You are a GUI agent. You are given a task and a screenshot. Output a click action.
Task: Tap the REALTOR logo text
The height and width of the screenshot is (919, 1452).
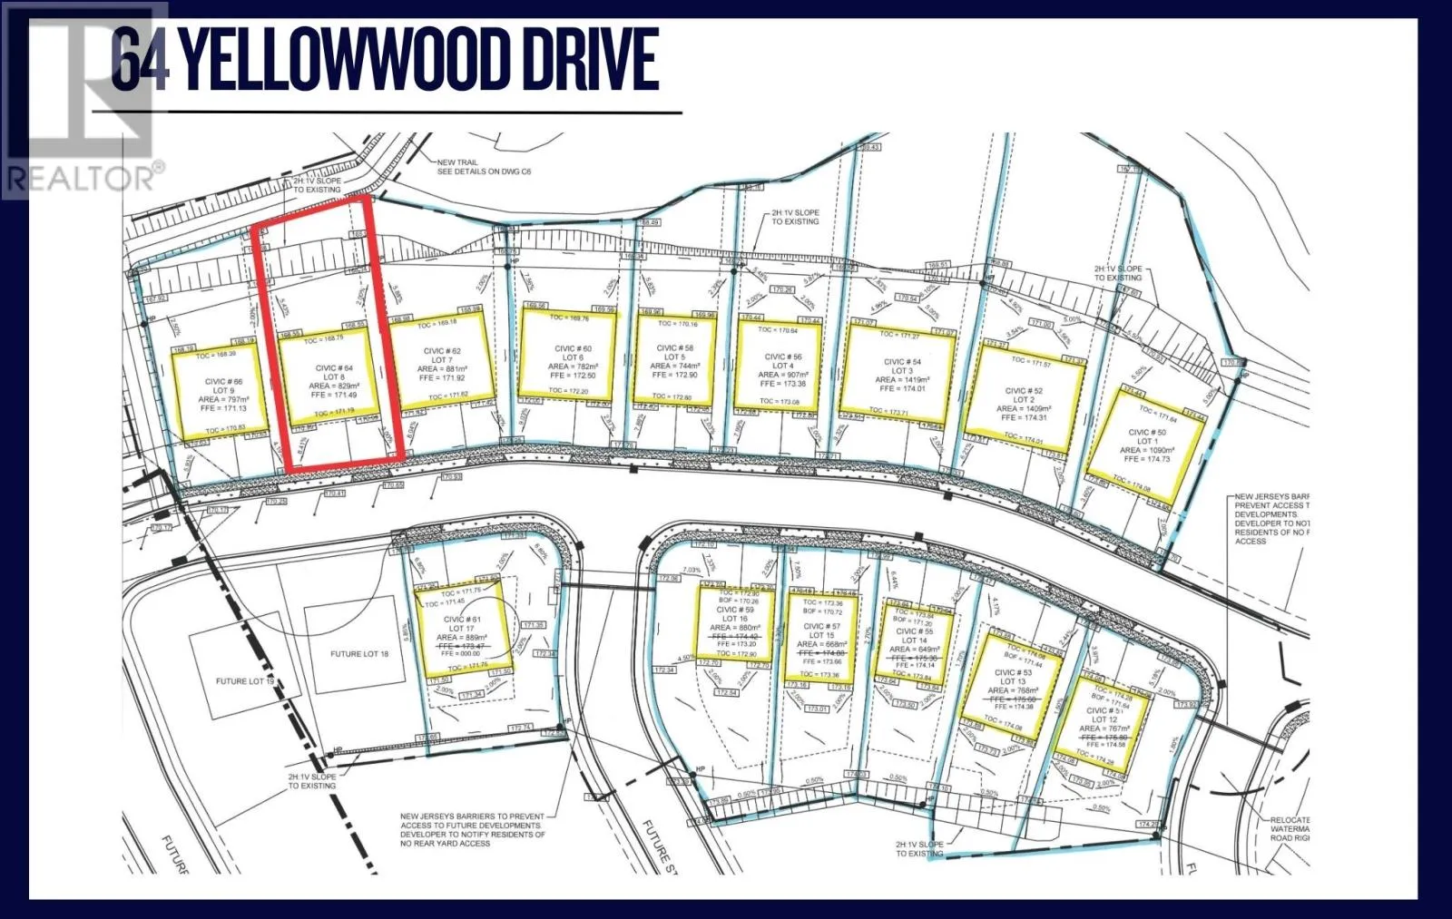point(83,177)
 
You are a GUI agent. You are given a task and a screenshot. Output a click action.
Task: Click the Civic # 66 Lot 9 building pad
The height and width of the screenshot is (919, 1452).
point(221,392)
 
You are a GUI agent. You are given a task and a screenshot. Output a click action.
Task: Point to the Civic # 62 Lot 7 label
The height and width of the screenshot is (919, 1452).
point(442,364)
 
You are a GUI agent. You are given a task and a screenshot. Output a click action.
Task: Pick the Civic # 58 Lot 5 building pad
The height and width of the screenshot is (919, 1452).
point(674,359)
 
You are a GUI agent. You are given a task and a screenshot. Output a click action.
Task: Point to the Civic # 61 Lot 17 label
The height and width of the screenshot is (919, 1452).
point(462,624)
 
